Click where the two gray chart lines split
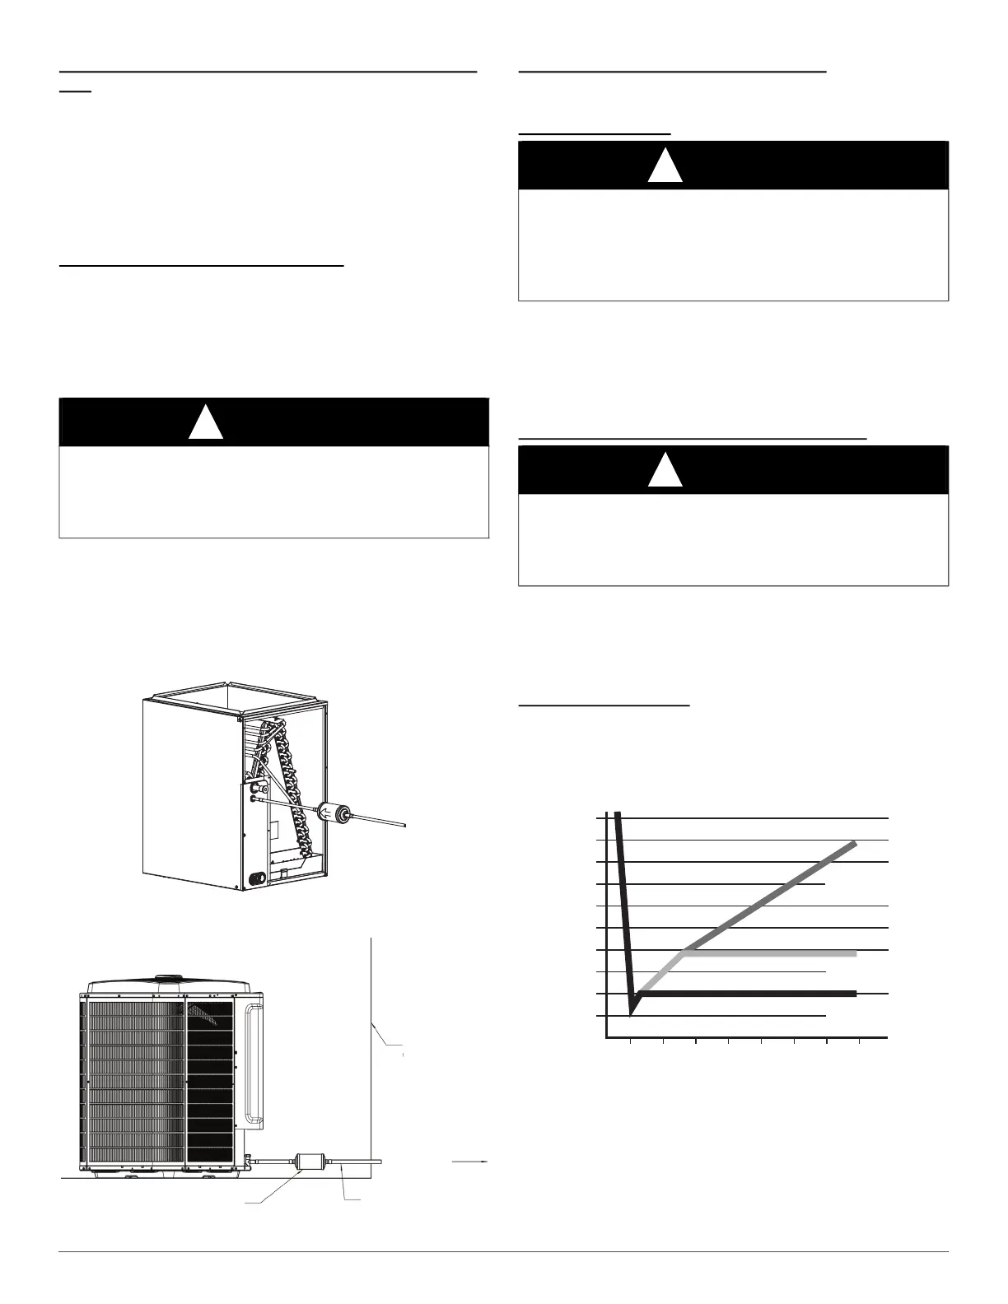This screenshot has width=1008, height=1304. tap(684, 952)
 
